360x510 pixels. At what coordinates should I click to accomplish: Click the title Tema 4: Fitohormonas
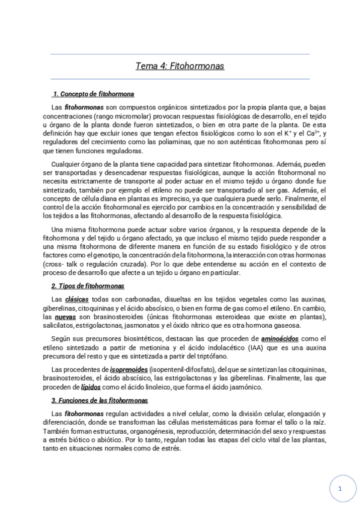tap(180, 66)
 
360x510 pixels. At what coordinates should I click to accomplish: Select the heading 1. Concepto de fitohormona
tap(93, 94)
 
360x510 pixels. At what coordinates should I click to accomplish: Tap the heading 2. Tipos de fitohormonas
tap(88, 286)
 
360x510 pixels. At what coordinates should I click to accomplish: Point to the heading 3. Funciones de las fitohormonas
tap(100, 400)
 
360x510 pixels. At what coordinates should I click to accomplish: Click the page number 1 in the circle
tap(340, 489)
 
